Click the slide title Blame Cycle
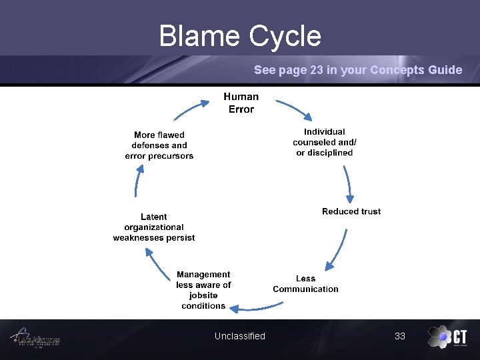pos(240,36)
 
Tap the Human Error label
pos(241,103)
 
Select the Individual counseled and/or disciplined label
pos(325,142)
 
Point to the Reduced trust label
pos(351,211)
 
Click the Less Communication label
pos(305,284)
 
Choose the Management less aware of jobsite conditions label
pos(203,290)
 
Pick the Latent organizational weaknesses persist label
pos(154,227)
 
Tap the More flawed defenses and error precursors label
pos(159,145)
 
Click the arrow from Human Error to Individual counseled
pos(292,111)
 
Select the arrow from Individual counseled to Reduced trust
pos(347,183)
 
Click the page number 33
pos(400,336)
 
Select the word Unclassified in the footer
pos(240,336)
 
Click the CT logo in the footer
pos(447,337)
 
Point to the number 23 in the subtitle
pos(317,70)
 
